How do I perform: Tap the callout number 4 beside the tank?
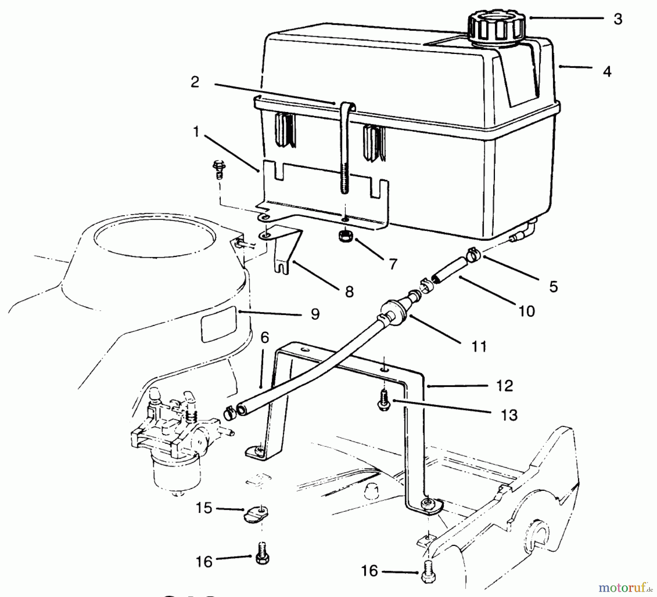607,71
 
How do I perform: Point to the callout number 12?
505,385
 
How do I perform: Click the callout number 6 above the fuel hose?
265,338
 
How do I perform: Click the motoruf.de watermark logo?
625,587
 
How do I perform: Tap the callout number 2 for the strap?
195,82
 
